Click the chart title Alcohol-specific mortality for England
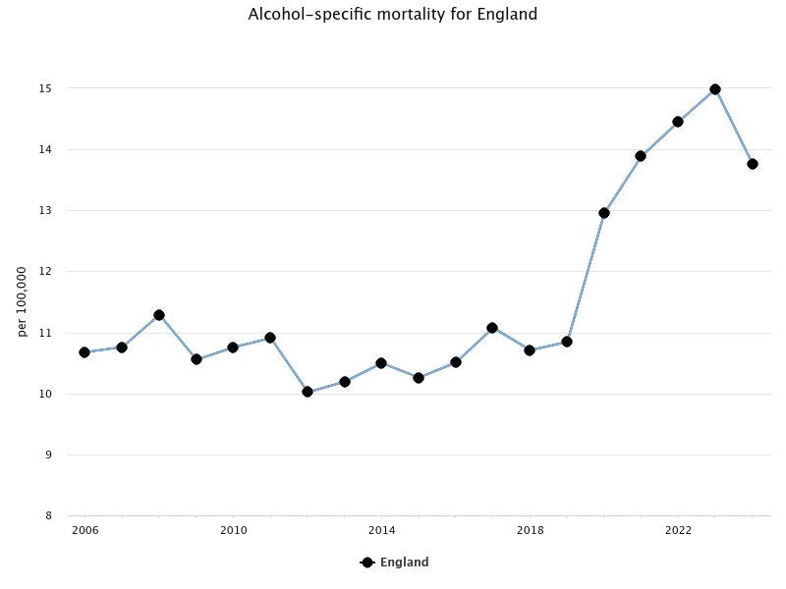click(x=393, y=15)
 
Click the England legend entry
click(x=395, y=562)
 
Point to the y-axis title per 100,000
click(x=23, y=301)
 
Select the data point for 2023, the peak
click(x=715, y=89)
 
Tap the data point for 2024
click(x=753, y=164)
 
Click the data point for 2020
click(x=604, y=213)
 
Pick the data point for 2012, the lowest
click(x=308, y=392)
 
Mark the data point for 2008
click(x=159, y=315)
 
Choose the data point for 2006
click(x=84, y=352)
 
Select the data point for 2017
click(x=492, y=328)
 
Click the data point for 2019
click(x=567, y=342)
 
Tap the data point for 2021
click(x=641, y=156)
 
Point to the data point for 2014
click(x=381, y=363)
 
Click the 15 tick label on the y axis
click(x=45, y=88)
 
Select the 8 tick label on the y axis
click(x=48, y=515)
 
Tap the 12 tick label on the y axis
click(x=45, y=272)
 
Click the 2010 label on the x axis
click(x=233, y=531)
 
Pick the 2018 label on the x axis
click(x=530, y=531)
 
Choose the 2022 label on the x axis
click(x=678, y=531)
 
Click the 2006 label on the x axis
click(x=84, y=531)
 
